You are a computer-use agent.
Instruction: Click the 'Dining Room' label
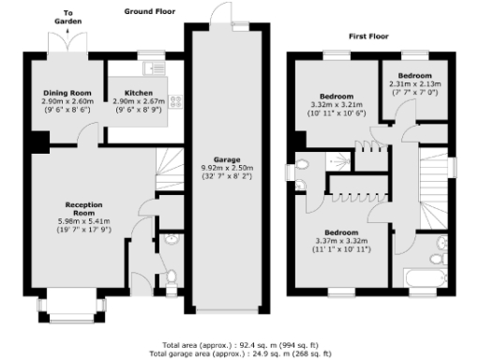pyautogui.click(x=67, y=93)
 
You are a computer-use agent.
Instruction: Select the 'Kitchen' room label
pyautogui.click(x=139, y=93)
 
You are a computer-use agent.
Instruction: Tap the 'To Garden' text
pyautogui.click(x=65, y=14)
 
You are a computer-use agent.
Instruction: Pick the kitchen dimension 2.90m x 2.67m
pyautogui.click(x=139, y=101)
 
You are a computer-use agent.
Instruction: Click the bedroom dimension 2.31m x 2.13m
pyautogui.click(x=413, y=83)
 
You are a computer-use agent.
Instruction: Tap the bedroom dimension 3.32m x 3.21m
pyautogui.click(x=336, y=106)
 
